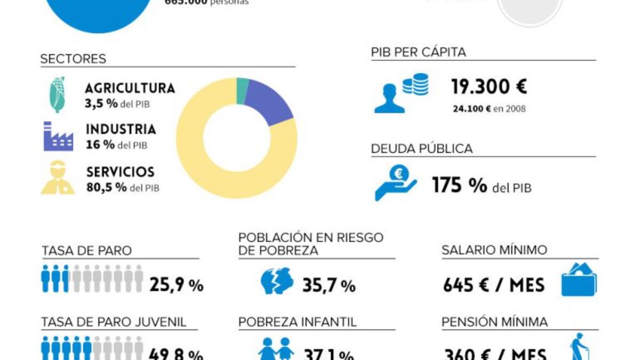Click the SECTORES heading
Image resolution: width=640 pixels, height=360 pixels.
point(73,59)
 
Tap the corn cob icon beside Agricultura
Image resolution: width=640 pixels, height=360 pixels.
point(58,95)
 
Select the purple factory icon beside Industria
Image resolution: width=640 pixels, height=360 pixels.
point(58,137)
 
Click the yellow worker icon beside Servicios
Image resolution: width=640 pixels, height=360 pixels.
point(58,178)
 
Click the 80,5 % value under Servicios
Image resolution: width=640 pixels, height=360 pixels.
point(107,187)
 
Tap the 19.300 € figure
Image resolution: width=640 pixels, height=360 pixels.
point(489,86)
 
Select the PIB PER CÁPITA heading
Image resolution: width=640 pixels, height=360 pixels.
point(419,52)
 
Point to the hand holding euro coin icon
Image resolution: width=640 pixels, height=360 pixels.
point(396,182)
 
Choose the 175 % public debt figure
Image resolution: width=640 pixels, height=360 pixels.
point(459,186)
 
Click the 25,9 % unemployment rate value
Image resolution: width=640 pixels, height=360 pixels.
point(177,285)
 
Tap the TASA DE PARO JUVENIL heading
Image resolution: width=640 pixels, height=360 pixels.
point(114,322)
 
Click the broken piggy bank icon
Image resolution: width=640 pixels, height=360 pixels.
point(277,281)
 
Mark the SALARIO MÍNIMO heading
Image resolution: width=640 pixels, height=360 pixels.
point(494,250)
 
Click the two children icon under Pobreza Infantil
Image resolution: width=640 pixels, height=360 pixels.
point(276,349)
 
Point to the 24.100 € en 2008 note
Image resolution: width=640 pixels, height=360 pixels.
point(489,109)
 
